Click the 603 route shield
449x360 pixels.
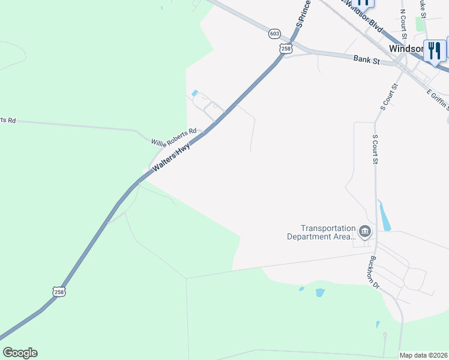(x=274, y=34)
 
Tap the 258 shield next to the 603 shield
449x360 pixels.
(x=286, y=49)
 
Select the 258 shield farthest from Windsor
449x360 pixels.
(x=59, y=292)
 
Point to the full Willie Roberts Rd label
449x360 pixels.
(x=174, y=136)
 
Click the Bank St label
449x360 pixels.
(x=367, y=59)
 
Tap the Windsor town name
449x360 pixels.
(x=406, y=48)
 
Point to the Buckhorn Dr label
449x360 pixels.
(x=376, y=273)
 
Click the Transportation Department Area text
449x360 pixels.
(x=328, y=232)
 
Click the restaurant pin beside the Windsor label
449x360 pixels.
(x=434, y=50)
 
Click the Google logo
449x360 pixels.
(x=20, y=353)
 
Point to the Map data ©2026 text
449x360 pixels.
(x=423, y=355)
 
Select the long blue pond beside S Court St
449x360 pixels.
(x=384, y=216)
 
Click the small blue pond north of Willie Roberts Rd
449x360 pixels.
(x=194, y=92)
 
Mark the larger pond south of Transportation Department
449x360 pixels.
(x=320, y=293)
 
